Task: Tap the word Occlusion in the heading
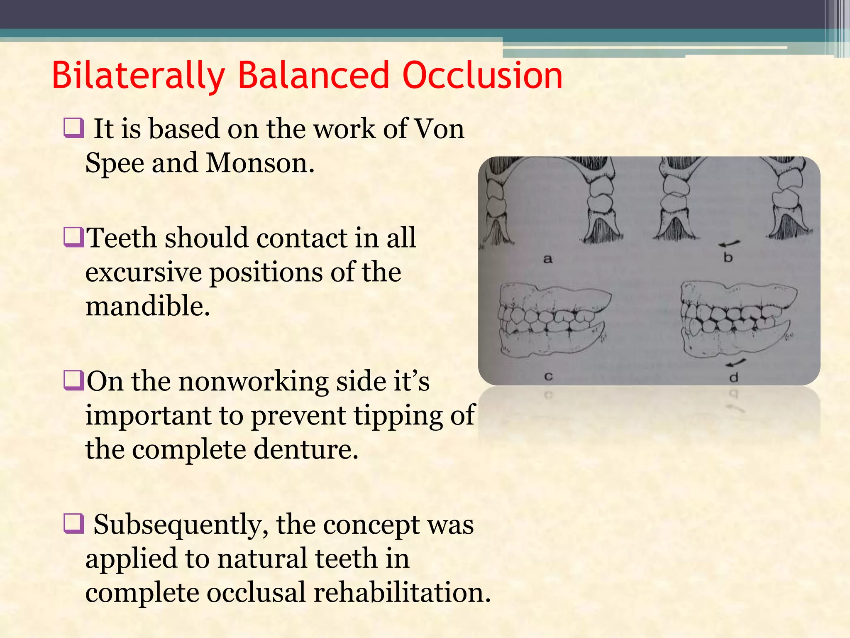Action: tap(482, 76)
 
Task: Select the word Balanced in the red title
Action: tap(313, 76)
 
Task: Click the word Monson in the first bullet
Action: tap(260, 162)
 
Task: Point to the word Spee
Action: tap(115, 162)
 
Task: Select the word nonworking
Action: tap(253, 381)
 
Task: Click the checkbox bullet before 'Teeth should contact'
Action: tap(73, 238)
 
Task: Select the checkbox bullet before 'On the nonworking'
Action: tap(73, 381)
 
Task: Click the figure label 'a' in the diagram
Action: tap(548, 259)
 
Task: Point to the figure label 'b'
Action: tap(728, 258)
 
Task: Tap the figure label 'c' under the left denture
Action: tap(548, 377)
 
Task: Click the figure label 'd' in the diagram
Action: tap(734, 378)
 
